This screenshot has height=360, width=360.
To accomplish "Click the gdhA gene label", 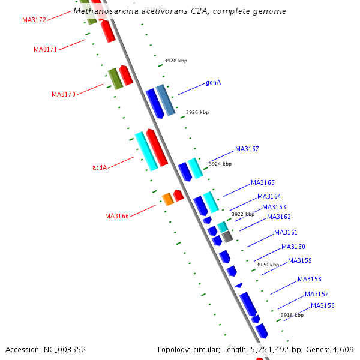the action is pos(213,82).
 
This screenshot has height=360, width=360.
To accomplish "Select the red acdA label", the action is pos(100,167).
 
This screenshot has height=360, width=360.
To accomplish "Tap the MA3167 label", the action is pos(247,149).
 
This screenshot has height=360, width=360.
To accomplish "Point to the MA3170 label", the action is pos(64,94).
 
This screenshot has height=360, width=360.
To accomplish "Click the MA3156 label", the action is pos(323,305).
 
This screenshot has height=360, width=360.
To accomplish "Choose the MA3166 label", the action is pos(117,216).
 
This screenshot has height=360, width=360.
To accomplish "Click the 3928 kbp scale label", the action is pos(176,61).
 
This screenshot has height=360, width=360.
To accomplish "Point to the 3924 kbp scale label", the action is pos(220,164).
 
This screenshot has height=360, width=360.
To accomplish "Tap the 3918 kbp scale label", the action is pos(292,315).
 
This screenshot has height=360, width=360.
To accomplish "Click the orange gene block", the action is pos(168,199).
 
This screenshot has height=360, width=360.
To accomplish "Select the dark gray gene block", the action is pos(227,237).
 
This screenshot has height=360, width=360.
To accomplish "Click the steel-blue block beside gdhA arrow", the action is pos(166,100).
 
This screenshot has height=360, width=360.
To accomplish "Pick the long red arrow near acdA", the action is pos(157,148).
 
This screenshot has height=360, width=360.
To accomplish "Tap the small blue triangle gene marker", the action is pos(239,286).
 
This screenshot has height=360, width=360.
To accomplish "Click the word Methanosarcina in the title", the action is pos(106,11).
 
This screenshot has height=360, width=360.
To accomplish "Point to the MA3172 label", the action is pos(34,20).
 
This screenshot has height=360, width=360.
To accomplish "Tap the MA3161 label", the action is pos(286,232).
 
